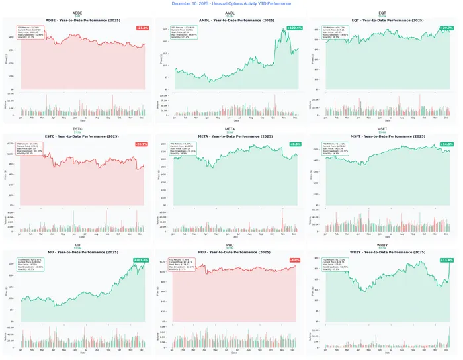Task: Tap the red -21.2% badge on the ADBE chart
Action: (x=142, y=28)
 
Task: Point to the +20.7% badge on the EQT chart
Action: (x=446, y=28)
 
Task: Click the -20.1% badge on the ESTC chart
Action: (x=142, y=144)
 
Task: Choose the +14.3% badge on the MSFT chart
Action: (x=446, y=144)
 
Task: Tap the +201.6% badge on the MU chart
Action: (x=141, y=260)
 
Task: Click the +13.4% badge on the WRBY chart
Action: (x=446, y=260)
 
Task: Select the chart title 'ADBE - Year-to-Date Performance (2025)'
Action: (x=78, y=21)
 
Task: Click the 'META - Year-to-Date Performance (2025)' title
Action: (x=230, y=136)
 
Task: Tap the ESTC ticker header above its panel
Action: (x=77, y=128)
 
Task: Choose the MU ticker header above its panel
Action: (x=77, y=244)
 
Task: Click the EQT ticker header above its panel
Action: (x=382, y=13)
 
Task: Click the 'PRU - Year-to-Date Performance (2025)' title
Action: (x=230, y=252)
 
